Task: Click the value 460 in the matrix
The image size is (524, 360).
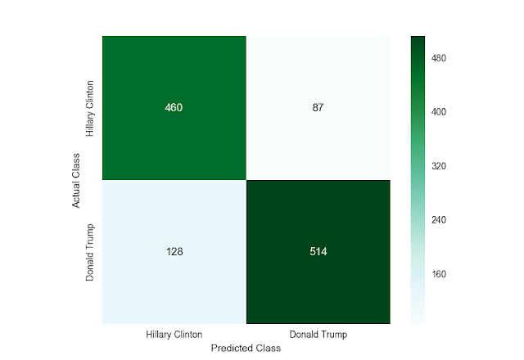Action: (x=174, y=107)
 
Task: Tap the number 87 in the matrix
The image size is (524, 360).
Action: (x=318, y=107)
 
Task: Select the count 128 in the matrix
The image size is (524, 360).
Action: (x=174, y=251)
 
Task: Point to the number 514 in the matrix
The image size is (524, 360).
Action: (x=318, y=251)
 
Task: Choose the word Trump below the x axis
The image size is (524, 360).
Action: (x=334, y=335)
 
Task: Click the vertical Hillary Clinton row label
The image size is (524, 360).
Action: (x=89, y=109)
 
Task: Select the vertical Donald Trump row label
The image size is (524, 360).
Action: (x=89, y=253)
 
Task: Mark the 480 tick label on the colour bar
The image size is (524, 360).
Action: (x=439, y=58)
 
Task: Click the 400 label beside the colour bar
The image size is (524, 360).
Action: (x=439, y=112)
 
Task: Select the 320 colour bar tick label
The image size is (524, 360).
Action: (x=439, y=166)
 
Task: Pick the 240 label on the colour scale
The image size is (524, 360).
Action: (x=439, y=220)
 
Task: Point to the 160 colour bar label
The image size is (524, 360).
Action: (x=439, y=274)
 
